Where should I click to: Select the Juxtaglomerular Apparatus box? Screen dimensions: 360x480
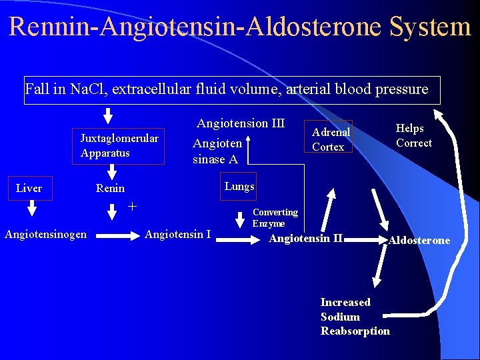click(119, 146)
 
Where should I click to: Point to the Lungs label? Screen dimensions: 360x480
click(239, 187)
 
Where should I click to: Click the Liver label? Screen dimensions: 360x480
click(29, 189)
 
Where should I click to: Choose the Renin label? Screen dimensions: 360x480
click(110, 189)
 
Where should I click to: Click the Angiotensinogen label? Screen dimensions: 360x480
click(45, 234)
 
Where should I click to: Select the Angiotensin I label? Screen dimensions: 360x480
click(177, 234)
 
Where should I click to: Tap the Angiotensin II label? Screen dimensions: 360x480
click(305, 239)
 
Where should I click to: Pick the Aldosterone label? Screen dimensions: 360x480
click(419, 241)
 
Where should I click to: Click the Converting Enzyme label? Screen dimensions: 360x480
click(275, 218)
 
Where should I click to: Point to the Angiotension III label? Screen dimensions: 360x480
click(241, 123)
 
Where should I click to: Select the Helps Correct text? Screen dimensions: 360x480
click(413, 135)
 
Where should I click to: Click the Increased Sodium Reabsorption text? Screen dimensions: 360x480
click(355, 317)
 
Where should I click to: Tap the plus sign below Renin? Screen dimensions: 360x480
click(132, 206)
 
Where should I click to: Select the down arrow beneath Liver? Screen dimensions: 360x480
click(31, 210)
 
